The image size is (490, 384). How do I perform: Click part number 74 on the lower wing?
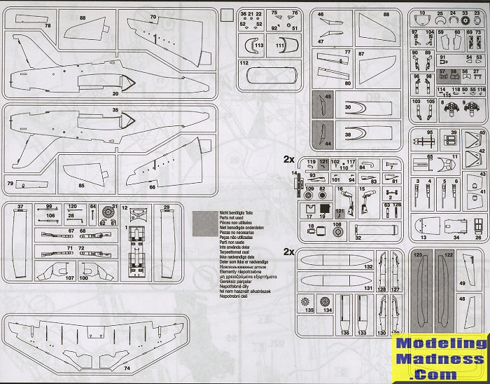point(127,367)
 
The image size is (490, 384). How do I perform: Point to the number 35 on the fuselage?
point(114,110)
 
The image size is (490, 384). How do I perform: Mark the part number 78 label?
point(48,25)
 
